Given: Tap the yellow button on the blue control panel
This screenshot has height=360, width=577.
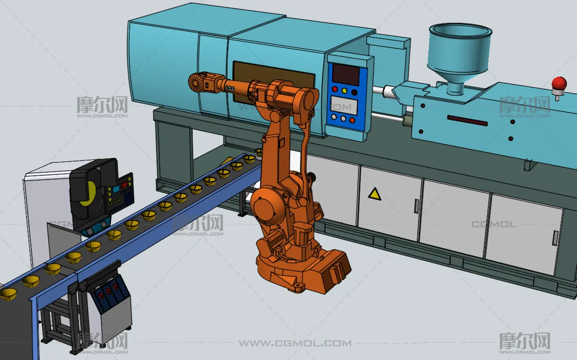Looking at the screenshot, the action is [x=345, y=91].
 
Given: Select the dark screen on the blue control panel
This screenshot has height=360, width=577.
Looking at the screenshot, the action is [x=346, y=74].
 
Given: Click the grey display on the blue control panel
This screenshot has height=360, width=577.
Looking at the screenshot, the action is [x=344, y=105].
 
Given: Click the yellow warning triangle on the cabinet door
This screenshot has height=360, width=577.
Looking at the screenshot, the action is [x=375, y=194].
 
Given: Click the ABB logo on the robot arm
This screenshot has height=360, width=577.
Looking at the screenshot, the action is [x=230, y=88].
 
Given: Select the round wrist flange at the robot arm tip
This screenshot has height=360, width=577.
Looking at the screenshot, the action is [x=195, y=82].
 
